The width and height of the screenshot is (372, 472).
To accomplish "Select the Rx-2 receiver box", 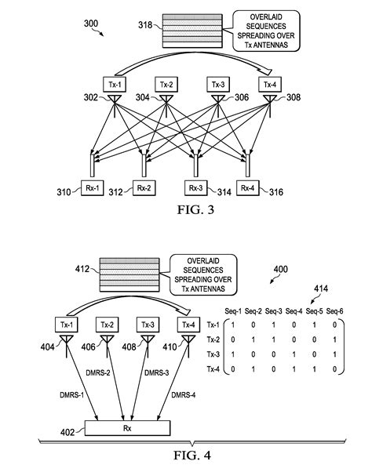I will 144,188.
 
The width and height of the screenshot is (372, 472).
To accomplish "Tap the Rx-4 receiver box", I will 248,188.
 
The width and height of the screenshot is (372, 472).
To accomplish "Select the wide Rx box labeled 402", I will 126,428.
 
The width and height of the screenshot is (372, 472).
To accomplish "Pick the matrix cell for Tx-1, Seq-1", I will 234,325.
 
